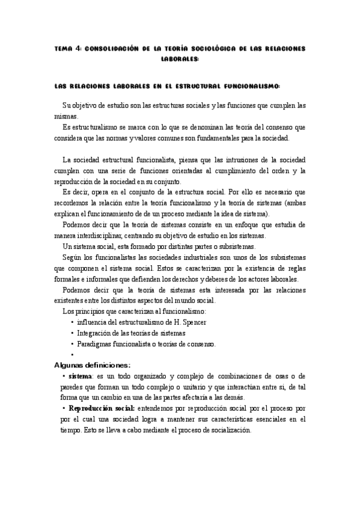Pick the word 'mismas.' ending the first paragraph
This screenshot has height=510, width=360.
click(66, 116)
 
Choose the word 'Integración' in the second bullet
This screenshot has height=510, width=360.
click(95, 333)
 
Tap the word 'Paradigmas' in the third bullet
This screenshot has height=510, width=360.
click(95, 344)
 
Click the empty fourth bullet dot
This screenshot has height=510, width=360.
click(72, 355)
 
